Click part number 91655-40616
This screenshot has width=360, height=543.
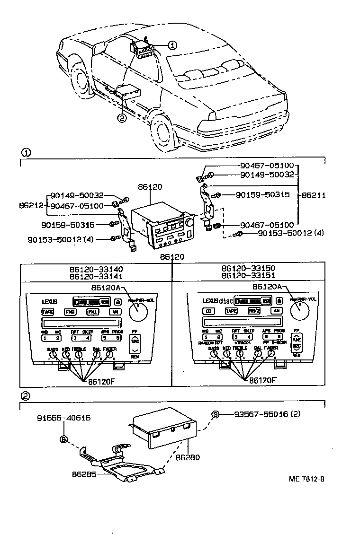click(x=64, y=418)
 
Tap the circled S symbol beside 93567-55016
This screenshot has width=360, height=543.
click(x=216, y=414)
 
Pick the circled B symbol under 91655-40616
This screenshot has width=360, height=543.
click(x=63, y=439)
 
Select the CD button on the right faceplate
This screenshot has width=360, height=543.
click(x=208, y=311)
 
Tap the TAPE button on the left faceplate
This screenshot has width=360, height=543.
click(x=48, y=312)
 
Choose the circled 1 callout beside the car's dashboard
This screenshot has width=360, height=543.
click(x=172, y=45)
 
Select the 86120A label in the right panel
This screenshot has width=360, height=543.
click(x=267, y=286)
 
